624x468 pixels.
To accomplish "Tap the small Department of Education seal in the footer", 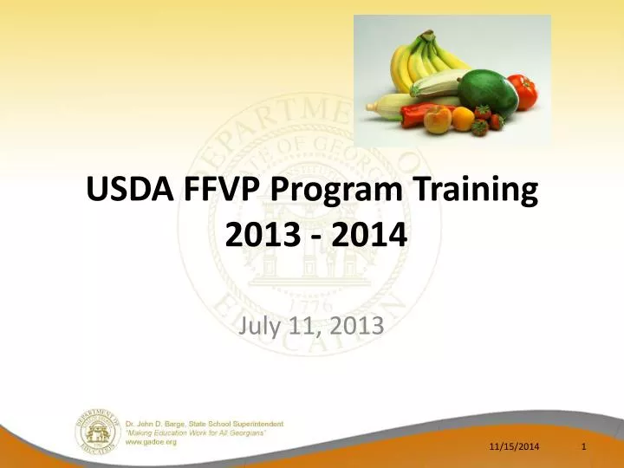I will pos(95,432).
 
